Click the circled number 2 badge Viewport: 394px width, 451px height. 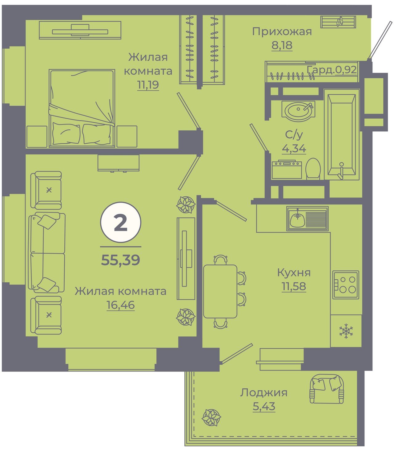coord(121,222)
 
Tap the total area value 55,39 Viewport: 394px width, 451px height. coord(121,260)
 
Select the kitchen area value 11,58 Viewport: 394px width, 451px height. coord(294,286)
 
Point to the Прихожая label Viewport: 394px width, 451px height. coord(282,32)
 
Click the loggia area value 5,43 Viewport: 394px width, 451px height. coord(264,406)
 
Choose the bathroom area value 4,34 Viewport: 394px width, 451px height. coord(294,149)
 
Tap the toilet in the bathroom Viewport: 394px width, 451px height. coord(313,169)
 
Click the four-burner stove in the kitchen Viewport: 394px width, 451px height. coord(346,285)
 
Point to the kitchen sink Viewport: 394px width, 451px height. coord(307,219)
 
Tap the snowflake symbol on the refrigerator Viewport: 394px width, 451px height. coord(346,331)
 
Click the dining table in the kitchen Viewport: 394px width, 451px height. coord(220,291)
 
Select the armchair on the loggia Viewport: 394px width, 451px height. coord(327,389)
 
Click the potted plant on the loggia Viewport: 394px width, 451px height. coord(211,417)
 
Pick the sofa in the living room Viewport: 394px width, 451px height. coord(47,252)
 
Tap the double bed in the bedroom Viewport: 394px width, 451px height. coord(82,108)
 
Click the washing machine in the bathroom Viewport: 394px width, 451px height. coord(287,169)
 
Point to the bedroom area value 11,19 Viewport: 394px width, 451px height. coord(148,85)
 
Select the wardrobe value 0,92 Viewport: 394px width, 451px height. coord(346,70)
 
